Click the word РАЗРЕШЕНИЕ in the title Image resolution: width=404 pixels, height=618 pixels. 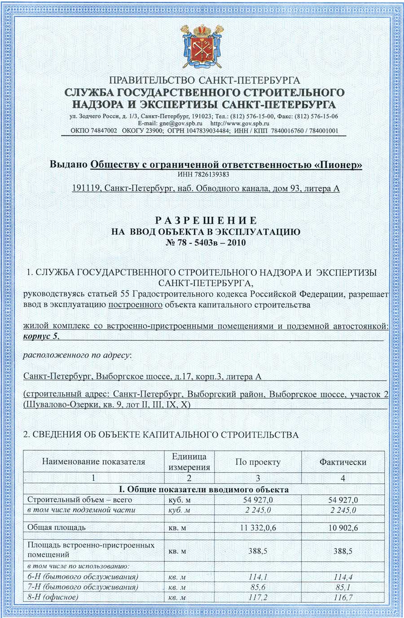pyautogui.click(x=206, y=220)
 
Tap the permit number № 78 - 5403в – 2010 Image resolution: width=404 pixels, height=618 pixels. pyautogui.click(x=206, y=243)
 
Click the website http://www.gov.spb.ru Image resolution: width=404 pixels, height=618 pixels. pyautogui.click(x=240, y=123)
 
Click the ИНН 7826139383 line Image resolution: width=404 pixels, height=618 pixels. pyautogui.click(x=203, y=174)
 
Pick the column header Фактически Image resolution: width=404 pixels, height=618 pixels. pyautogui.click(x=343, y=462)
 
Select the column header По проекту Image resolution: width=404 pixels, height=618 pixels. pyautogui.click(x=258, y=462)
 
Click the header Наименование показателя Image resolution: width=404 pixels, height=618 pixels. pyautogui.click(x=93, y=461)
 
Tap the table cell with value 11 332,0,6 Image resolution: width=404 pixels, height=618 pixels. pyautogui.click(x=258, y=528)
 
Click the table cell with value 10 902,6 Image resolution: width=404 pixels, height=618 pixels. pyautogui.click(x=343, y=528)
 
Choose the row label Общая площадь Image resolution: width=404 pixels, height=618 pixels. pyautogui.click(x=56, y=527)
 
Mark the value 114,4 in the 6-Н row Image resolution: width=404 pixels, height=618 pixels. pyautogui.click(x=343, y=577)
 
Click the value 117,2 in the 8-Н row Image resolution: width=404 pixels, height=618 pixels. pyautogui.click(x=258, y=597)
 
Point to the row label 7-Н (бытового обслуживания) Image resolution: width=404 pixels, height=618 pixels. pyautogui.click(x=83, y=587)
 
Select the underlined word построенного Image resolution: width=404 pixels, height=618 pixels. pyautogui.click(x=136, y=305)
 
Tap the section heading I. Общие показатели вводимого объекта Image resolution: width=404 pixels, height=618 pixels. pyautogui.click(x=204, y=489)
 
